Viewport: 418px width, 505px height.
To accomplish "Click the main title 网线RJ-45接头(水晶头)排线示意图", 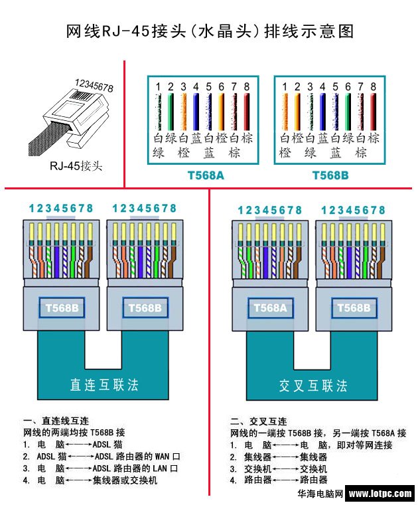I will (x=210, y=31).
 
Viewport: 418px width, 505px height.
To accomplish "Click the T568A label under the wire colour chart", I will (x=204, y=176).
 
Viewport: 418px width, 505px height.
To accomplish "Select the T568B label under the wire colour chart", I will (x=330, y=176).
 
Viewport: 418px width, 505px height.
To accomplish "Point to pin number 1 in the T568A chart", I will (x=158, y=86).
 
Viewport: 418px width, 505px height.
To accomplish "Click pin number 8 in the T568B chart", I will (x=374, y=86).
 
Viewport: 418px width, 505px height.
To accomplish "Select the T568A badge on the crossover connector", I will (x=269, y=308).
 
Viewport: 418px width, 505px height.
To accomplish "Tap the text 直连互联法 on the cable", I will (x=104, y=385).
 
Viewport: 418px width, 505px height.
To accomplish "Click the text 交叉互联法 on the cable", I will (x=313, y=385).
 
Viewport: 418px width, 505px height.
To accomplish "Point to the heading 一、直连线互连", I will (x=56, y=421).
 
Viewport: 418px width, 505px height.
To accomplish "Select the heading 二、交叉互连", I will (x=258, y=421).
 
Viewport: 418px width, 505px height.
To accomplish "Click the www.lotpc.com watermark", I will (x=380, y=494).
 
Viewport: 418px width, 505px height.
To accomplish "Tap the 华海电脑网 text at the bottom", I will (x=319, y=494).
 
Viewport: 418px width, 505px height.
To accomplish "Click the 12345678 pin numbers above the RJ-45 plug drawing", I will (x=94, y=86).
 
